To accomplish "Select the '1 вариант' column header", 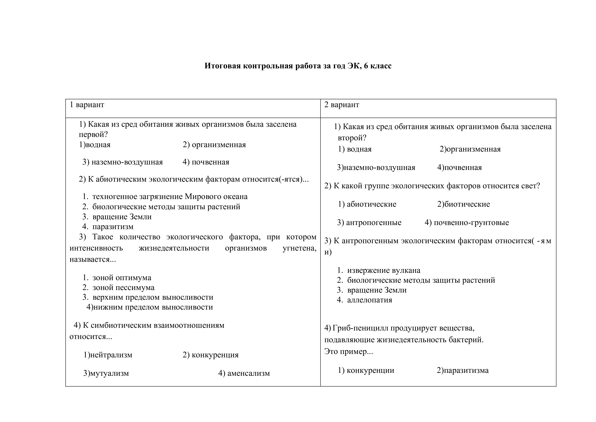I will (x=87, y=105).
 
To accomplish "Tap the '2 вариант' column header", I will (x=342, y=105).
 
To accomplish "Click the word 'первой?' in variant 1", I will (x=93, y=135).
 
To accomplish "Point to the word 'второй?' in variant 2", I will (x=352, y=138).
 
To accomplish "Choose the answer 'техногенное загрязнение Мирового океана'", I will (x=170, y=196).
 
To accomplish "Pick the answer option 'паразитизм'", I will (x=113, y=227).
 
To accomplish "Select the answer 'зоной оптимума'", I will (x=122, y=278).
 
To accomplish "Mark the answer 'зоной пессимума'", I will (x=123, y=287).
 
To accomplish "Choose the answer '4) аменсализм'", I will (x=244, y=373).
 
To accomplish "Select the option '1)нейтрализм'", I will (x=108, y=355).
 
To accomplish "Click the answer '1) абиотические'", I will (x=367, y=204).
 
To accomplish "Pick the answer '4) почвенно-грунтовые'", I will (x=467, y=223).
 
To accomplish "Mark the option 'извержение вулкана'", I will (x=384, y=270).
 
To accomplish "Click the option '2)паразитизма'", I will (x=463, y=371).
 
